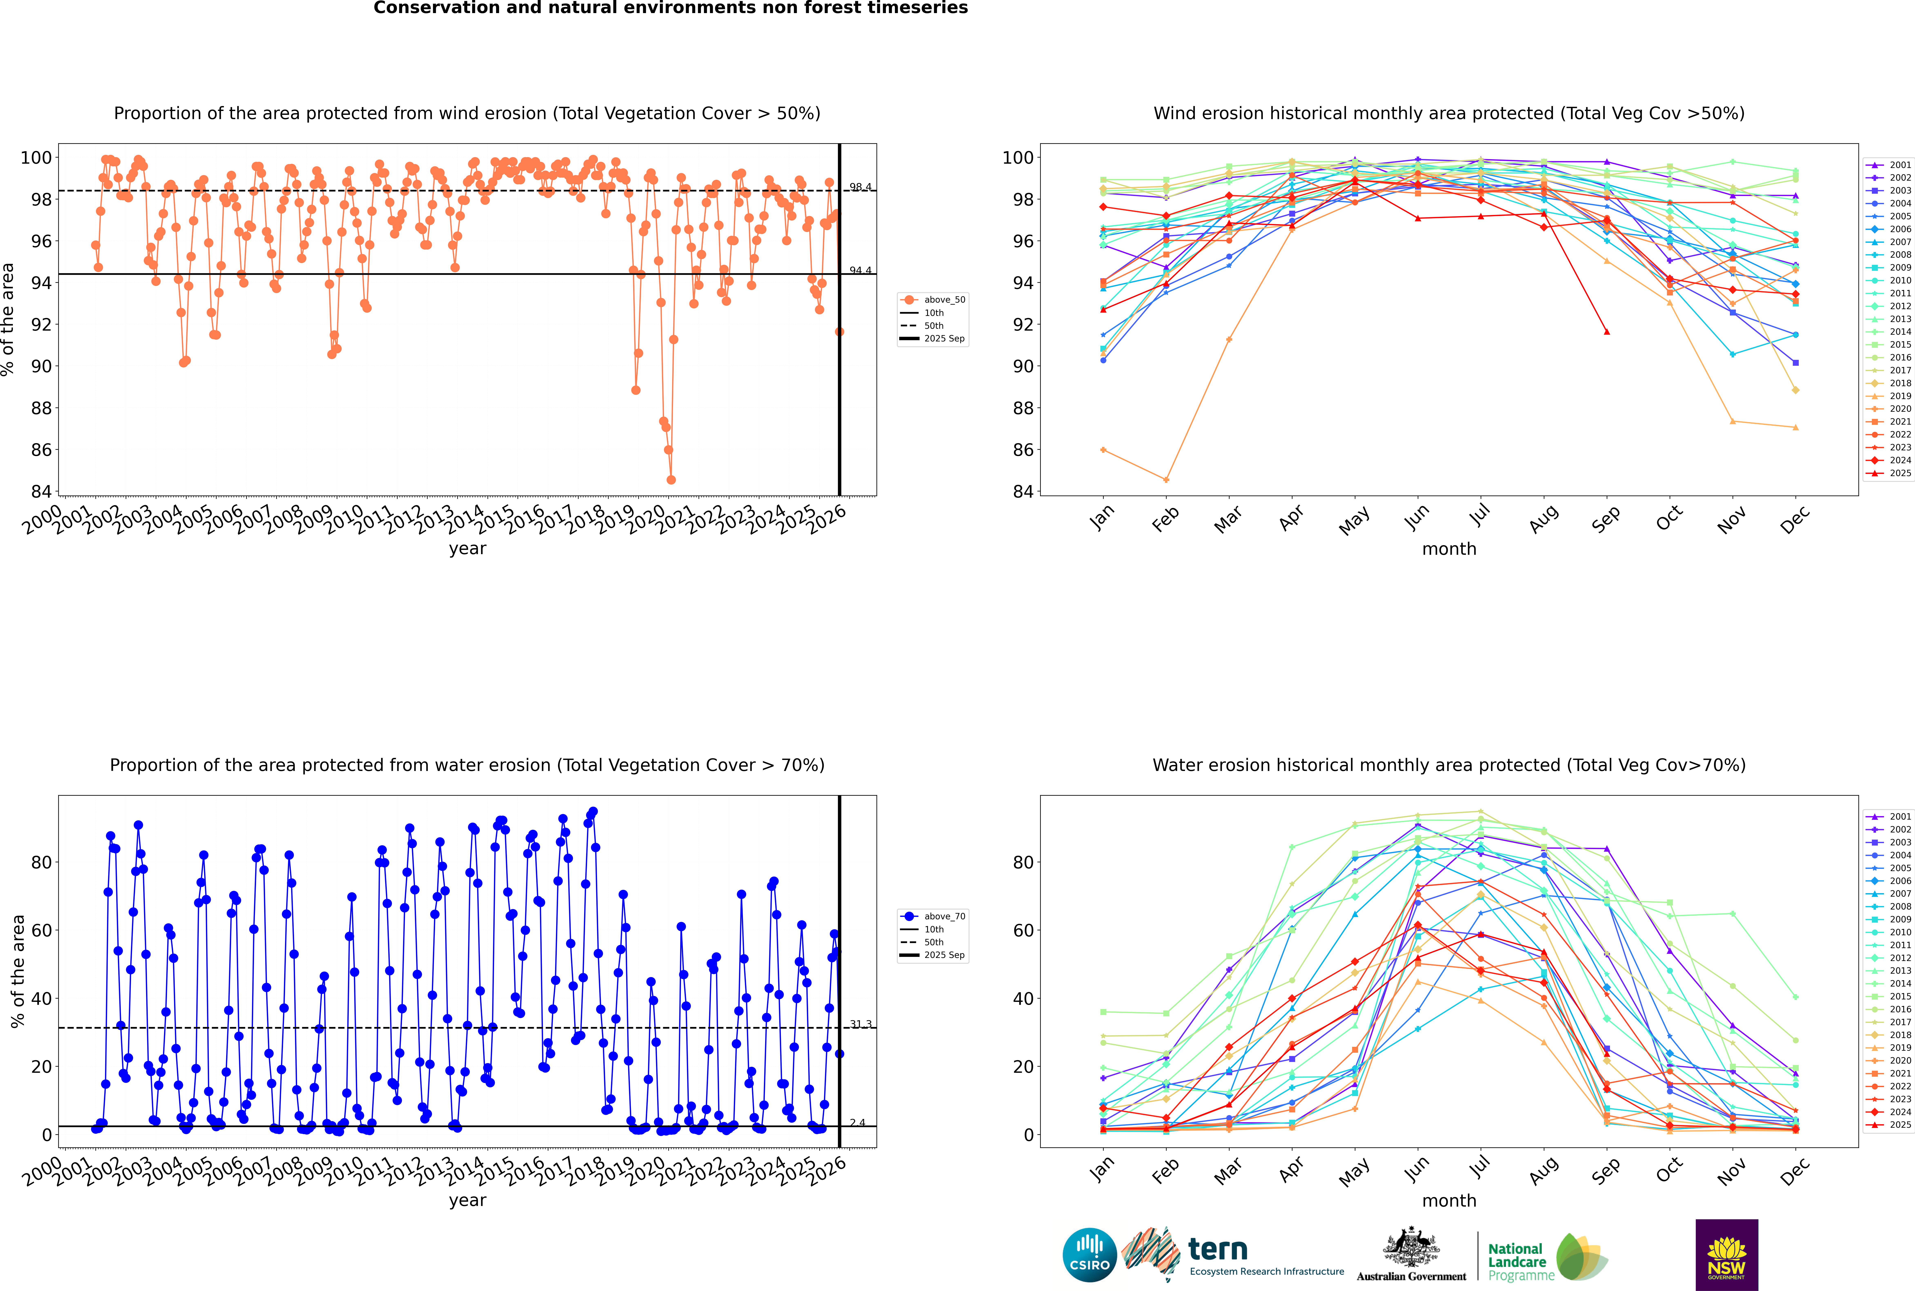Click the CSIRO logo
(x=1089, y=1255)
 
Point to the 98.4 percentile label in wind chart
(x=860, y=187)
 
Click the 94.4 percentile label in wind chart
(x=860, y=270)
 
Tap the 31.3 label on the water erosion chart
(x=860, y=1023)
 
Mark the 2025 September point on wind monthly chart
(x=1606, y=332)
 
